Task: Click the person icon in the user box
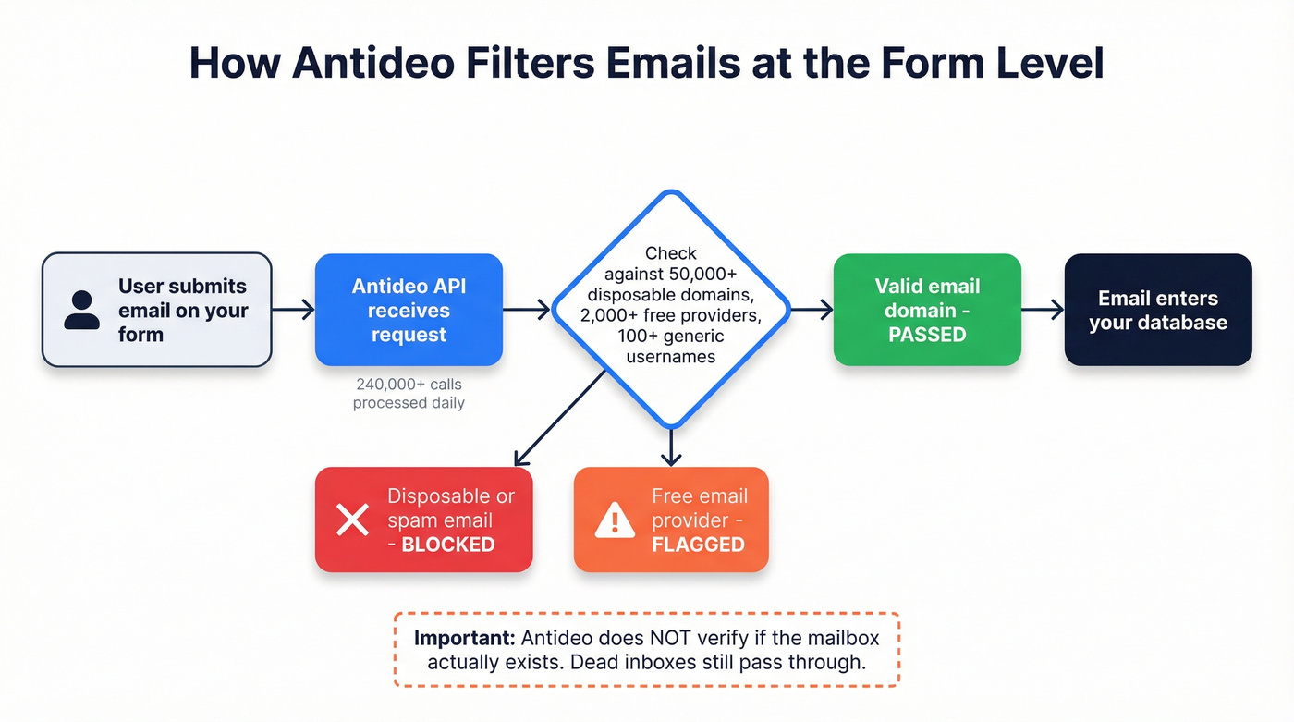(x=82, y=310)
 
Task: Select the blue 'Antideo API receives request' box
(x=409, y=310)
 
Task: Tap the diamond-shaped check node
(x=671, y=309)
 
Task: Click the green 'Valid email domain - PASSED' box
(x=927, y=310)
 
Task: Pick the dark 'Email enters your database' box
(x=1158, y=310)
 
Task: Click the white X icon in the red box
(x=352, y=520)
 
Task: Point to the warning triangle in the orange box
(x=615, y=520)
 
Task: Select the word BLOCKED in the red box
(x=448, y=545)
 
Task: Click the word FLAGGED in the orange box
(x=698, y=545)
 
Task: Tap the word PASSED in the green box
(x=927, y=334)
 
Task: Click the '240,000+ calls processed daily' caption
(x=409, y=392)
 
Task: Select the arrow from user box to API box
(x=293, y=310)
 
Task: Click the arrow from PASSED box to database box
(x=1043, y=310)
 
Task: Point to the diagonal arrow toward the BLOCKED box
(x=560, y=416)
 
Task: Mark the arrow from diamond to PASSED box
(x=812, y=310)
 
